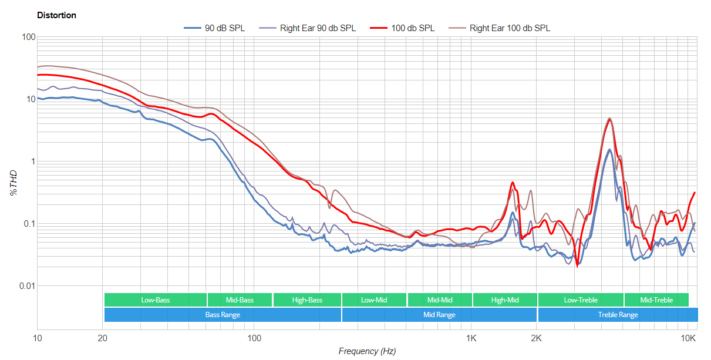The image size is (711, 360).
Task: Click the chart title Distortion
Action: pos(56,15)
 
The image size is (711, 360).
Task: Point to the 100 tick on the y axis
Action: pos(28,38)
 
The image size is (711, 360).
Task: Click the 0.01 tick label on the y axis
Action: pos(26,286)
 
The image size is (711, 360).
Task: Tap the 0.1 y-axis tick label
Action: pos(28,224)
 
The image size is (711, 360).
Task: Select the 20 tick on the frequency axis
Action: pos(102,338)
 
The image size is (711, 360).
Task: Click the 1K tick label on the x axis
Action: pos(471,338)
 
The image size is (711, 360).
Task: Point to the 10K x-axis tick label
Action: pos(688,338)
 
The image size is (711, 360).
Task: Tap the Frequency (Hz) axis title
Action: pos(367,351)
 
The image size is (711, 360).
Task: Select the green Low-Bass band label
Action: pos(155,300)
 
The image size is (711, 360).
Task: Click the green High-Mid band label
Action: pos(505,300)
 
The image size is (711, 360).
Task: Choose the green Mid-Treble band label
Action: pos(656,300)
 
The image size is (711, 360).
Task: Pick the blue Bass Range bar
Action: pos(223,315)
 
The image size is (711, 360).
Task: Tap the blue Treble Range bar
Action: pos(618,315)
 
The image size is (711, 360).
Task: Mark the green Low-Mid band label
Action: pos(374,300)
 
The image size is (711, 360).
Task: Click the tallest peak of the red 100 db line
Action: pos(610,119)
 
